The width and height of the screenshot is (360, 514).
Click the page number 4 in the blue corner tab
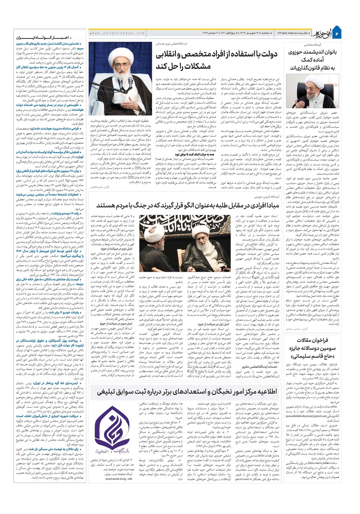337,33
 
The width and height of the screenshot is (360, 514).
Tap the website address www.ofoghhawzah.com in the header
117,33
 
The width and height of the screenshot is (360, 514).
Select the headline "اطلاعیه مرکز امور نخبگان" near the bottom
184,392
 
